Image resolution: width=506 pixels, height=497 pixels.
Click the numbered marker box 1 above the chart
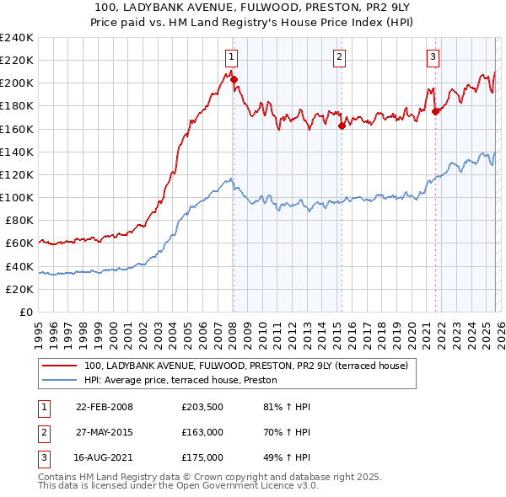[x=231, y=57]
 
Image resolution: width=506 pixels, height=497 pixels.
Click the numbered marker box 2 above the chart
[x=339, y=57]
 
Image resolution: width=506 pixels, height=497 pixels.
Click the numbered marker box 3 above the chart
[x=433, y=57]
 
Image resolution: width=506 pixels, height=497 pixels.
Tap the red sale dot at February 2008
[x=234, y=80]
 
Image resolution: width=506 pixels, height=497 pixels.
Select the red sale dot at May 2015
[x=342, y=126]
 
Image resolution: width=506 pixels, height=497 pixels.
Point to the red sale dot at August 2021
[x=435, y=111]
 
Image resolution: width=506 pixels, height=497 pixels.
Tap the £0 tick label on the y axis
[x=25, y=312]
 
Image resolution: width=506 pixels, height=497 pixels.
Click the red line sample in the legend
[x=59, y=366]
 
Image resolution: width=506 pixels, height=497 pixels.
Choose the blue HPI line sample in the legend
[x=59, y=380]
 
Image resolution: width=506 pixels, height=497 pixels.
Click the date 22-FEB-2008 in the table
[x=105, y=407]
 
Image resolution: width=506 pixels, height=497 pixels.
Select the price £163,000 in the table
[x=202, y=432]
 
